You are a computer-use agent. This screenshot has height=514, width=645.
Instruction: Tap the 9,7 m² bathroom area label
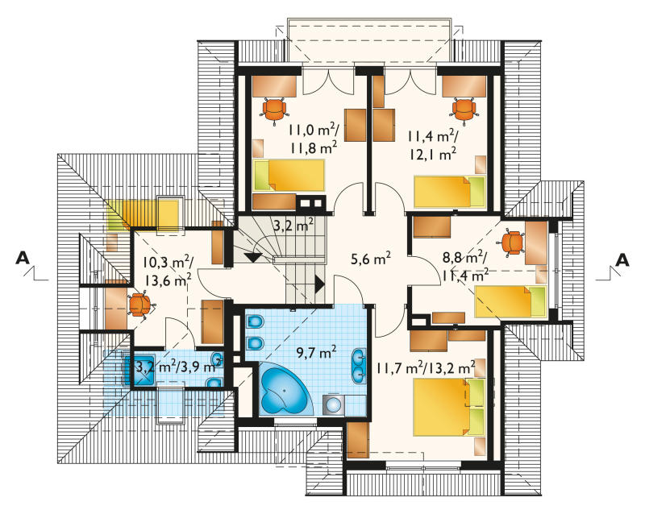(316, 352)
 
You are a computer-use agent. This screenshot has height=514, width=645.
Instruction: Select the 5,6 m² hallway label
(371, 259)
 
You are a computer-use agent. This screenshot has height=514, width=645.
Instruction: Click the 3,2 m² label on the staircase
(293, 225)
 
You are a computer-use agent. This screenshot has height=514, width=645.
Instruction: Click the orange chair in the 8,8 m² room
(512, 243)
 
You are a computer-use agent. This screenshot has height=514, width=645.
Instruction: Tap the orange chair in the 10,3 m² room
(140, 305)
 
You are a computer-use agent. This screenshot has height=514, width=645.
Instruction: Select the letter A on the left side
(23, 259)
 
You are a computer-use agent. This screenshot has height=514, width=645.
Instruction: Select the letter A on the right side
(622, 260)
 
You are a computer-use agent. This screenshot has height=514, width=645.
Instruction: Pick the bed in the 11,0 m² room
(289, 176)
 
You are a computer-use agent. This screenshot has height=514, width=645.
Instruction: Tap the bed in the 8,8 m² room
(510, 301)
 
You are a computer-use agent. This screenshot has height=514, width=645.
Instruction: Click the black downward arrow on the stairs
(252, 258)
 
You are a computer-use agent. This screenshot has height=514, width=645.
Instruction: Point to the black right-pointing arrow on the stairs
(319, 284)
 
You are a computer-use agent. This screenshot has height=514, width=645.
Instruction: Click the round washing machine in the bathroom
(333, 405)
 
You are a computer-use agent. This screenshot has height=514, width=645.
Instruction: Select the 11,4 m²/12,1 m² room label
(432, 145)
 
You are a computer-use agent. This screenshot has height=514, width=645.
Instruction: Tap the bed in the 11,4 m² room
(450, 192)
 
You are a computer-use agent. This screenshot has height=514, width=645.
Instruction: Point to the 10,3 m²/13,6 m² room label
(168, 271)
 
